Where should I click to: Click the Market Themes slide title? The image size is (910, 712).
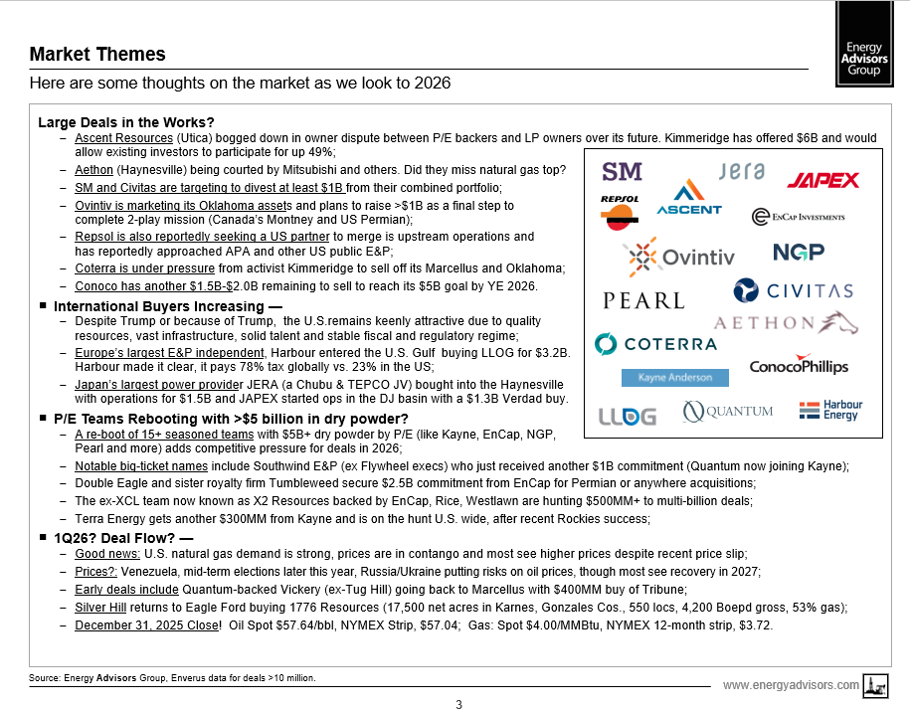pos(97,54)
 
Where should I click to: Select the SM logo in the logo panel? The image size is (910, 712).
pos(623,171)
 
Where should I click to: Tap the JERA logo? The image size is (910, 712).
pos(739,171)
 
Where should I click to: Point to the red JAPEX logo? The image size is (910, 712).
pos(823,180)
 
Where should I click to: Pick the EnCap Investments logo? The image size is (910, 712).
pos(799,216)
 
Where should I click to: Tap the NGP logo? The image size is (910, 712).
pos(799,253)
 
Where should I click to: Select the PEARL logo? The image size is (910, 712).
pos(643,300)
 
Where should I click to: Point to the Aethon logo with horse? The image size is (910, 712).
pos(785,322)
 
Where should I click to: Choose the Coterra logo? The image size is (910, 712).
pos(655,344)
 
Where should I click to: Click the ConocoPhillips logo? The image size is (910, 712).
pos(799,364)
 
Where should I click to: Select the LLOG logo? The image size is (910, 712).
pos(627,417)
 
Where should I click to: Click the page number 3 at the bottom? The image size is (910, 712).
pos(458,705)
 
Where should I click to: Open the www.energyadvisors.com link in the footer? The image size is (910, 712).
pos(791,685)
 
